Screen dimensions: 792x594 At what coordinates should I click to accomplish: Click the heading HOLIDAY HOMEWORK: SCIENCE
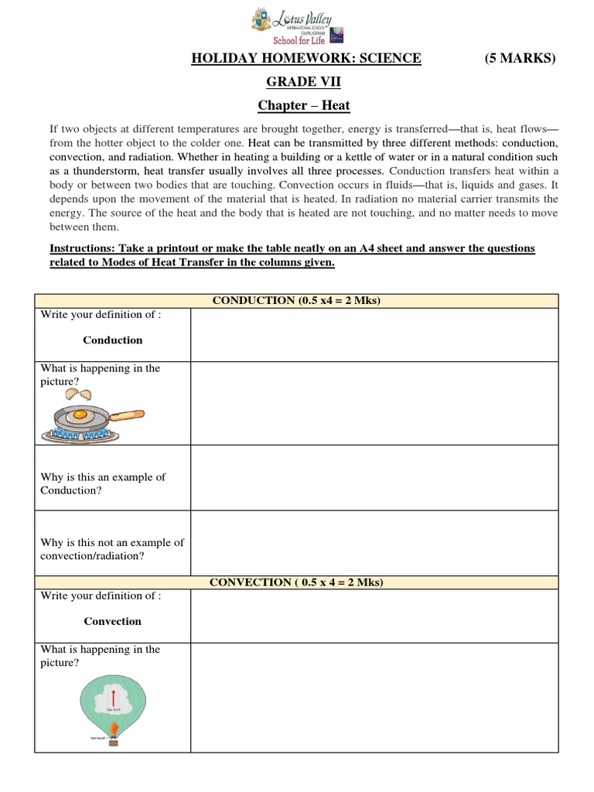pyautogui.click(x=306, y=59)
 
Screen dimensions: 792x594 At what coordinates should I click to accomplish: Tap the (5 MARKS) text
pyautogui.click(x=520, y=59)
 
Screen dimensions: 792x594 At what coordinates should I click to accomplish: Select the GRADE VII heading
pyautogui.click(x=297, y=82)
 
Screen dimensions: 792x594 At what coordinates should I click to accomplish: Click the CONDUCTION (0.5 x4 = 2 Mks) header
pyautogui.click(x=296, y=301)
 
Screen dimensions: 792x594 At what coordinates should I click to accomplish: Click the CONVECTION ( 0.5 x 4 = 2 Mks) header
pyautogui.click(x=296, y=582)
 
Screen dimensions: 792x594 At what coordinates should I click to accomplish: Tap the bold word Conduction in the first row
pyautogui.click(x=113, y=340)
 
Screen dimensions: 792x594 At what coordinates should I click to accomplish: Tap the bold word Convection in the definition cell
pyautogui.click(x=113, y=621)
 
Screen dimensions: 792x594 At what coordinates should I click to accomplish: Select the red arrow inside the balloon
pyautogui.click(x=113, y=694)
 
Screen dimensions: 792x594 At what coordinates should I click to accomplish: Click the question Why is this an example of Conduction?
pyautogui.click(x=103, y=483)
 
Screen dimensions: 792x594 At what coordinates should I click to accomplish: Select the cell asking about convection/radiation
pyautogui.click(x=112, y=549)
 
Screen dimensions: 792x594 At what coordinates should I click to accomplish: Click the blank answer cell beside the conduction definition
pyautogui.click(x=374, y=335)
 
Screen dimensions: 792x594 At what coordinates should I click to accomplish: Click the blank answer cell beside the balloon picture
pyautogui.click(x=374, y=698)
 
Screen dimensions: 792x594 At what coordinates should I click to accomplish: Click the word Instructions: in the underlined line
pyautogui.click(x=84, y=248)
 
